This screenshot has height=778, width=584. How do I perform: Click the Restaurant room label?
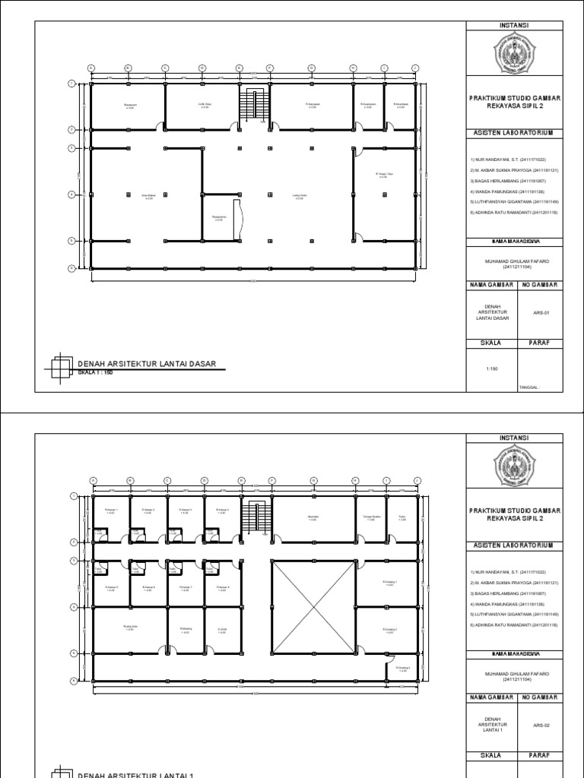[129, 105]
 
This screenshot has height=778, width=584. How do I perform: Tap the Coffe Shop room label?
[203, 105]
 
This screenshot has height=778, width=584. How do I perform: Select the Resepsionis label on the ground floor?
[219, 218]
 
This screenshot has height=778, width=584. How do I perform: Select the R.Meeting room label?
[185, 630]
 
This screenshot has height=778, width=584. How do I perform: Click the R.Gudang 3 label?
[402, 669]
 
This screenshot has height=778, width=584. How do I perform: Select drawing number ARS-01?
[541, 312]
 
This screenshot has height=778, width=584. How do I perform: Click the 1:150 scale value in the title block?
[491, 369]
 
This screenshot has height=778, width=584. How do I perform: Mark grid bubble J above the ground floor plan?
[415, 68]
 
